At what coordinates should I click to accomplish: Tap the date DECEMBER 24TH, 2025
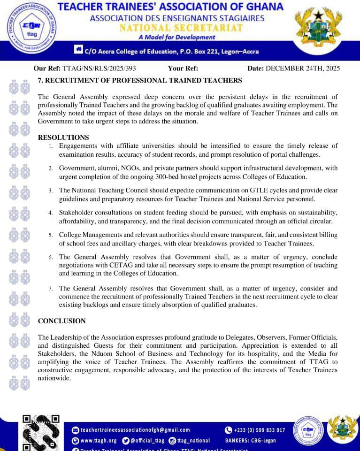(303, 69)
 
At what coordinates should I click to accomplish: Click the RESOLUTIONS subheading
(63, 138)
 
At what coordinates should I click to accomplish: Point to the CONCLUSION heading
(61, 321)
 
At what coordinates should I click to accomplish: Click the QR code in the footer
(41, 432)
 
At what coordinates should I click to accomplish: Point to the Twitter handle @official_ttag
(147, 441)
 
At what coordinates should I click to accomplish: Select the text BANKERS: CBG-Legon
(250, 441)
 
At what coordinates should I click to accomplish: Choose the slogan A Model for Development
(177, 37)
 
